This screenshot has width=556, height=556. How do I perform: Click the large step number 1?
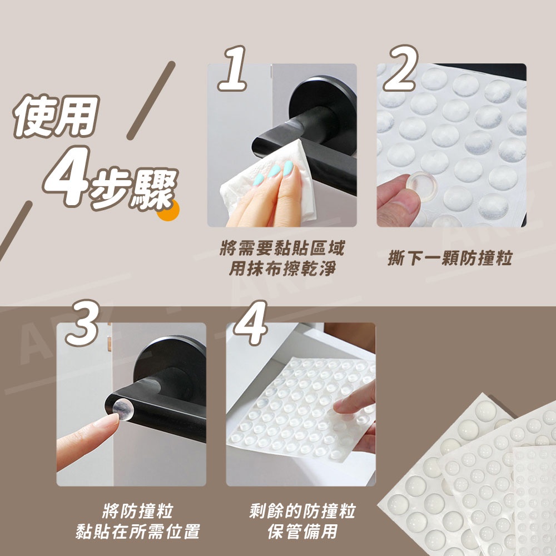tap(233, 68)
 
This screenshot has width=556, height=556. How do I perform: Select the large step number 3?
tap(83, 323)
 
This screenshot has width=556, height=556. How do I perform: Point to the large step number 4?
tap(250, 323)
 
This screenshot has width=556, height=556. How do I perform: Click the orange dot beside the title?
tap(170, 210)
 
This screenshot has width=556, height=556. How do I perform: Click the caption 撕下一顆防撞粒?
tap(450, 258)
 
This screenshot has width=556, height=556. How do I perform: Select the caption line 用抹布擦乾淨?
tap(282, 269)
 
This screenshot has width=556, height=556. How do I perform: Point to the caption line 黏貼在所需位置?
tap(138, 532)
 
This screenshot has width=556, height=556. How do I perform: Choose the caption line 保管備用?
tap(302, 532)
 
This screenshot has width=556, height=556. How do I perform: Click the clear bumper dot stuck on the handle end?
tap(123, 409)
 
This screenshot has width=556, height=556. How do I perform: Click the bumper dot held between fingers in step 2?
tap(421, 186)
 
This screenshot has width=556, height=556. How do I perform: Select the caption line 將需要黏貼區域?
tap(282, 248)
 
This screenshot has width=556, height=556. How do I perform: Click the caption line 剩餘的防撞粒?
tap(302, 511)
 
